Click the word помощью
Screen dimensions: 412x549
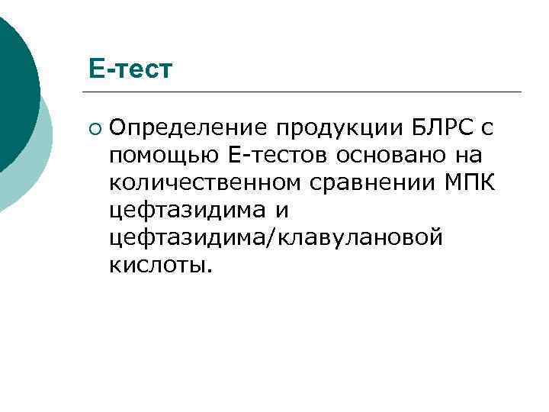[164, 155]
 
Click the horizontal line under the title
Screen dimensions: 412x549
[305, 92]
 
